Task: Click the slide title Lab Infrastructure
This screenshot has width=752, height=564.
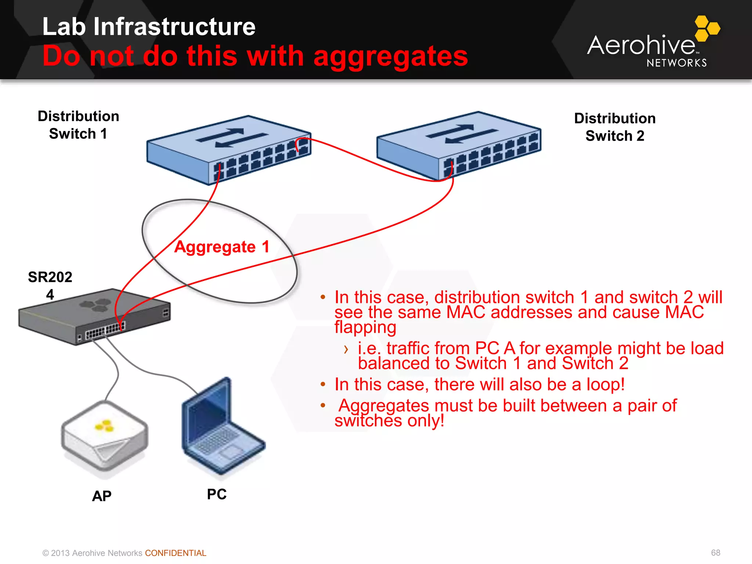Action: point(149,26)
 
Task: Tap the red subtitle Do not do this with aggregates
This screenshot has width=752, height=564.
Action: point(255,56)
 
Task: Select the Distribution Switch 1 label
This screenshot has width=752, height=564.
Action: point(78,125)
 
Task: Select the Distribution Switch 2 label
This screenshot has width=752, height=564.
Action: point(615,127)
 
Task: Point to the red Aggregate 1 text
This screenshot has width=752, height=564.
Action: point(222,247)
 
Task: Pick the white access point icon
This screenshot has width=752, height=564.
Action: point(105,437)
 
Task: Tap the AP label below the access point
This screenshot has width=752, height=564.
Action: point(102,496)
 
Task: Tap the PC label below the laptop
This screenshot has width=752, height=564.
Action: point(217,494)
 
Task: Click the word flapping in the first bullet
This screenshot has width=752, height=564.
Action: point(365,327)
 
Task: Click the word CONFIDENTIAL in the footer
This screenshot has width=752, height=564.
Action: point(176,553)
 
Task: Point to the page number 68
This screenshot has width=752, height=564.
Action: point(715,553)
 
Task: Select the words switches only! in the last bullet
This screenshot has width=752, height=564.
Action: point(389,420)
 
